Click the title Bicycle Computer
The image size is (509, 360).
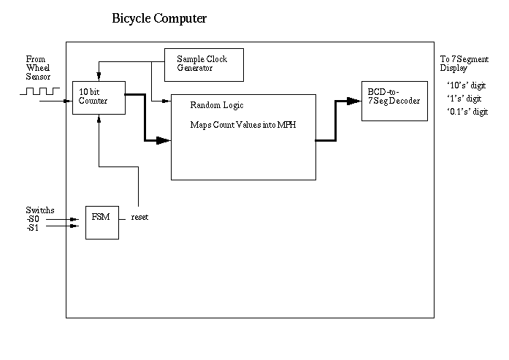tap(159, 18)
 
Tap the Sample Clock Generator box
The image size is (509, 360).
tap(204, 64)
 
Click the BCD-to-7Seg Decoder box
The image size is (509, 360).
tap(395, 102)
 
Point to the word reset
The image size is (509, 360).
tap(139, 218)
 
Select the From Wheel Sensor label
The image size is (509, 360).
tap(38, 67)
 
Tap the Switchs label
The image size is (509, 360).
tap(39, 210)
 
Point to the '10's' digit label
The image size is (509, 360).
tap(465, 85)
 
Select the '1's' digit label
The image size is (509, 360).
tap(464, 99)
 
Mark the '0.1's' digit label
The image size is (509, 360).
tap(467, 112)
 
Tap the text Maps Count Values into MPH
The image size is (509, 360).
tap(242, 124)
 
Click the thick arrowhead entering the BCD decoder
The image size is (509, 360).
tap(357, 102)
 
